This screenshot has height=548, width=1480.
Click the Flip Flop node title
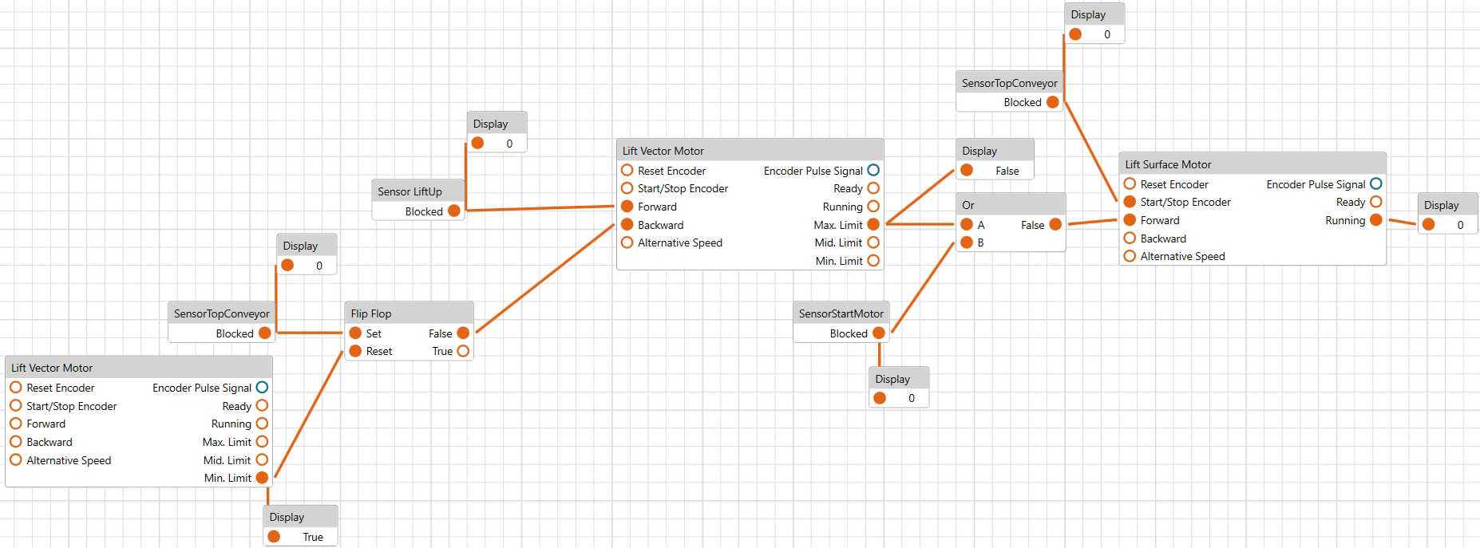point(371,313)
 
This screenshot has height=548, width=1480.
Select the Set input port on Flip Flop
point(355,333)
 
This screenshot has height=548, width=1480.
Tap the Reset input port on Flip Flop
point(355,351)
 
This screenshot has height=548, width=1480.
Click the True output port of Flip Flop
point(463,351)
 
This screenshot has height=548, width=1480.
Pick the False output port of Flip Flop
point(463,333)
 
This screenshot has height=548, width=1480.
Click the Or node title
point(968,205)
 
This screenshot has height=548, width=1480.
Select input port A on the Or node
point(967,225)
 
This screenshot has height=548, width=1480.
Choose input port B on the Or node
point(967,242)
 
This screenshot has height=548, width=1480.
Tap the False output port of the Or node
point(1055,225)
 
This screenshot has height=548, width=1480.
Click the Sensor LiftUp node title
point(410,191)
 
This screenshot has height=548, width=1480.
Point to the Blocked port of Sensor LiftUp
point(454,211)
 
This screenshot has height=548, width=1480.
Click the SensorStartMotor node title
point(841,313)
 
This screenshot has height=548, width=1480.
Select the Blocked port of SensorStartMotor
point(879,333)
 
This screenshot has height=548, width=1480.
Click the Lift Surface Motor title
point(1168,164)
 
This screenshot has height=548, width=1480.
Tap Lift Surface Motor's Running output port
point(1376,220)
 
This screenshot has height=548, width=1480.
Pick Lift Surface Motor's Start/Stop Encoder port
point(1130,202)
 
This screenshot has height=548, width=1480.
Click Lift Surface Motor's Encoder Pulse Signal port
point(1376,184)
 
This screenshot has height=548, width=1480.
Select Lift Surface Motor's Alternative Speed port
point(1130,256)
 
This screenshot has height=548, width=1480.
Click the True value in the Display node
point(313,537)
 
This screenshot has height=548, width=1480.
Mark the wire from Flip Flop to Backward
point(545,278)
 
